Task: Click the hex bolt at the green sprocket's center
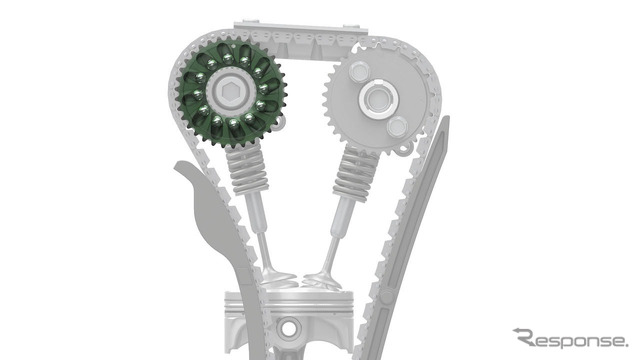point(229,89)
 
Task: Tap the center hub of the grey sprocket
point(377,98)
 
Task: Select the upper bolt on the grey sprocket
point(359,72)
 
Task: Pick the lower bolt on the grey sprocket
point(397,127)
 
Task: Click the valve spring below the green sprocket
point(248,169)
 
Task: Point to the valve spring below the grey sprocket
point(354,173)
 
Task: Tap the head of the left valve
point(279,280)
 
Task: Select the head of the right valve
point(322,282)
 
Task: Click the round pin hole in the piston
point(289,328)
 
